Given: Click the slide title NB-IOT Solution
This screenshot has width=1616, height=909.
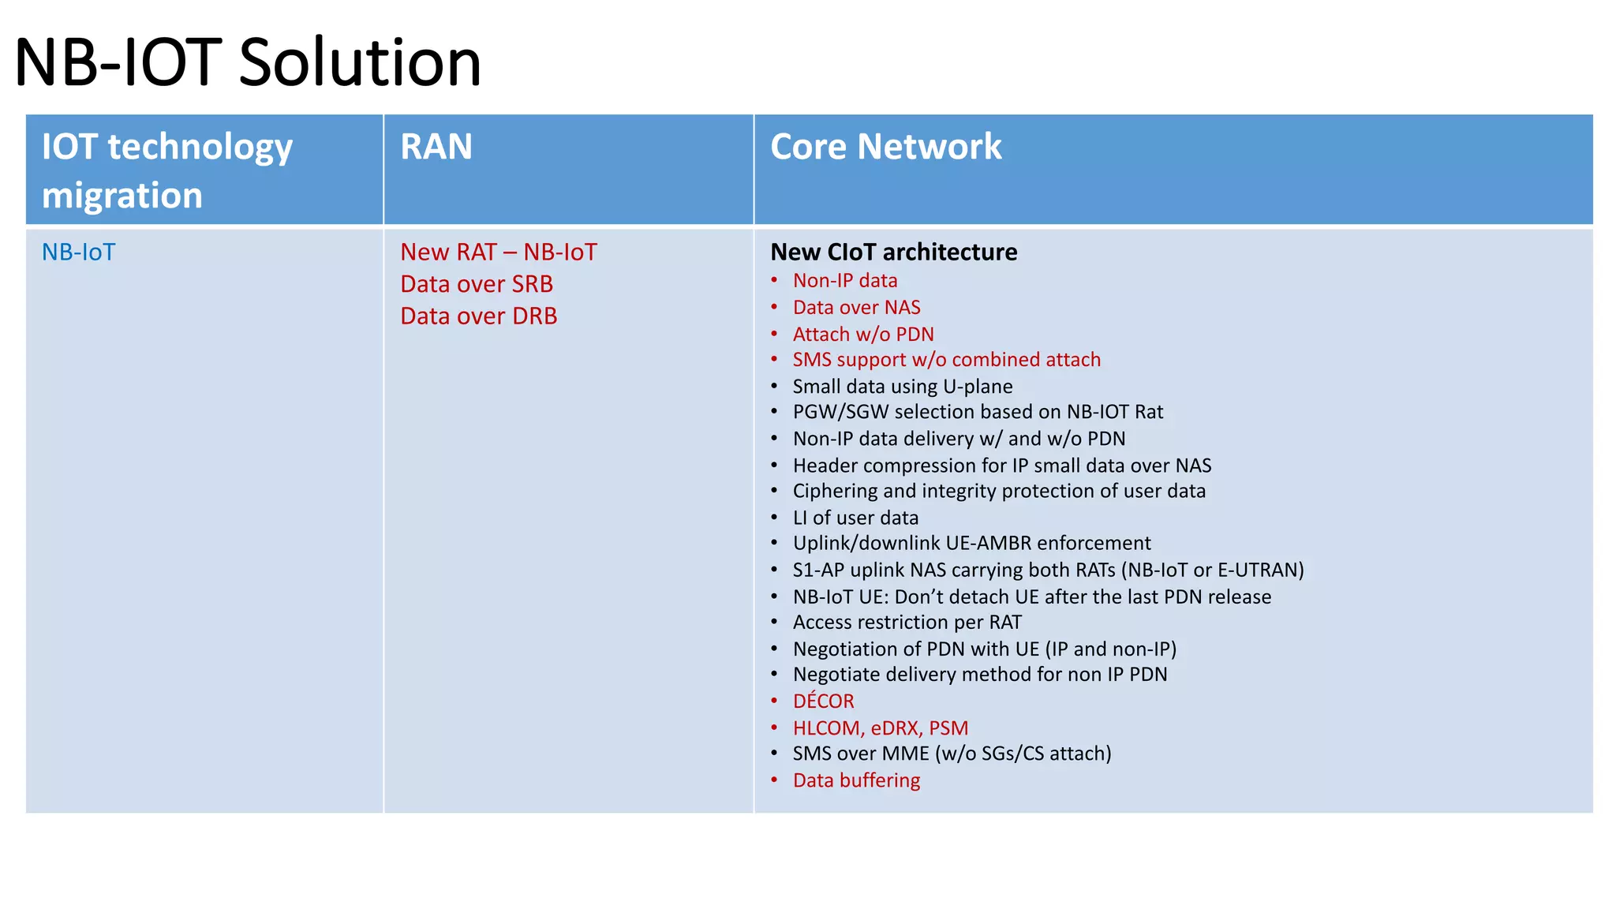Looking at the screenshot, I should point(248,63).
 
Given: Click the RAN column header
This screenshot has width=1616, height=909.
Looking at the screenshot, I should point(436,147).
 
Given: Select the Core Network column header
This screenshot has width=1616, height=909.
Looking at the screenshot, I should point(885,147).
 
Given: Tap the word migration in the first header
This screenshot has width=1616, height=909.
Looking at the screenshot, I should point(122,195).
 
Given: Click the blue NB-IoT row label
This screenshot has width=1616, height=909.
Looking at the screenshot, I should point(78,252).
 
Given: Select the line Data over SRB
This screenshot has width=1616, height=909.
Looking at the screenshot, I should point(476,284).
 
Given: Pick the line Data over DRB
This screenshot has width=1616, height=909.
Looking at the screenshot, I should point(478,316).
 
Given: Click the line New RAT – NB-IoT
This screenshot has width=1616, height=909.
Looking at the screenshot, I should point(498,252).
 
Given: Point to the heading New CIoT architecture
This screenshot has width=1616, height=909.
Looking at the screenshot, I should point(893,252).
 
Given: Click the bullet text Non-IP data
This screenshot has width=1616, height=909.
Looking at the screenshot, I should point(844,281).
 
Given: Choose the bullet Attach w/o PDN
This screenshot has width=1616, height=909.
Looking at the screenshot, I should point(862,335).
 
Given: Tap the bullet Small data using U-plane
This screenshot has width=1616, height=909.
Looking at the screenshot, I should point(902,387).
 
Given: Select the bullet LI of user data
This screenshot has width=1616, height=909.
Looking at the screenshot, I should point(855,518).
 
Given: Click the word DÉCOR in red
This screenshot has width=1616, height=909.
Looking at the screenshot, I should point(823,701).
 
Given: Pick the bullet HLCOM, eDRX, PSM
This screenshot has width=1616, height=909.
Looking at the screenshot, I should point(880,728).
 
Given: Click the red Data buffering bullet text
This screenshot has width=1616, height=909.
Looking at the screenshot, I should point(856,780).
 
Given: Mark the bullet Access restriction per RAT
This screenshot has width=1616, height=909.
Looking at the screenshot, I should point(907,623).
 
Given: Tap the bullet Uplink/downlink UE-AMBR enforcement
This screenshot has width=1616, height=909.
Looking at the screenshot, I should point(971,544).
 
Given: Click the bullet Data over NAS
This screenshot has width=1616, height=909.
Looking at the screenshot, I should point(856,308).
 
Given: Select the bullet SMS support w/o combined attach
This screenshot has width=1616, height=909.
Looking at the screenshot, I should point(946,360).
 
